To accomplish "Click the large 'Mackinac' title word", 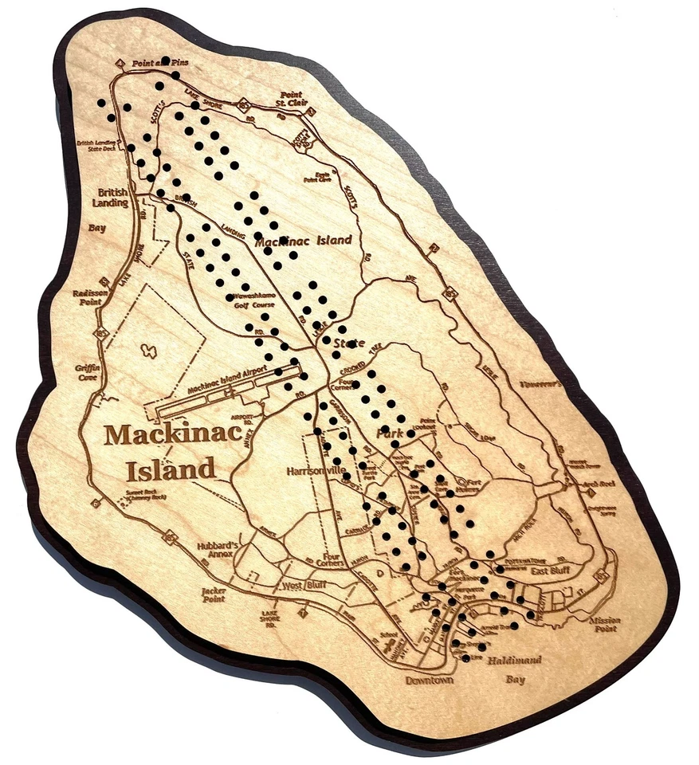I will (161, 435).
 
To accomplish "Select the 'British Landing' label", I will (113, 198).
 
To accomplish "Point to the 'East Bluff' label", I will (548, 571).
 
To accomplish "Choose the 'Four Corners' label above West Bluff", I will (328, 562).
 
